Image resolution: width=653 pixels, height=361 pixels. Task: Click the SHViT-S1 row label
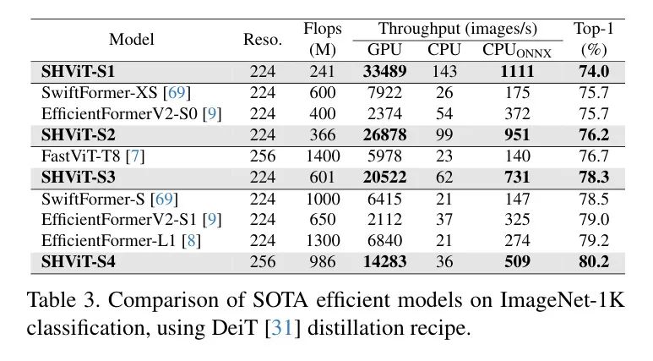[x=78, y=71]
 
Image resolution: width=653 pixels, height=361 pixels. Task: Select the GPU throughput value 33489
[x=384, y=71]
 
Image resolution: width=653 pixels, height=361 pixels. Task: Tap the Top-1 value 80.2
[x=594, y=261]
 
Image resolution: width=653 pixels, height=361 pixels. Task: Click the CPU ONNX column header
[x=516, y=51]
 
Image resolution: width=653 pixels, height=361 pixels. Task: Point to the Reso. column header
[x=263, y=40]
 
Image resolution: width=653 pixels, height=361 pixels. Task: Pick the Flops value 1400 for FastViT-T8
[x=323, y=156]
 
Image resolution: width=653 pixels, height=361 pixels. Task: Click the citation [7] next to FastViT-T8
[x=135, y=156]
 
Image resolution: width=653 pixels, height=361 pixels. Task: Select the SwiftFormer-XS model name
[x=99, y=92]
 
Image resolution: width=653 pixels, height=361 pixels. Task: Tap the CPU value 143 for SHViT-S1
[x=444, y=71]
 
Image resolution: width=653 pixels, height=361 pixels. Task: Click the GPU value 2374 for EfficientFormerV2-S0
[x=384, y=114]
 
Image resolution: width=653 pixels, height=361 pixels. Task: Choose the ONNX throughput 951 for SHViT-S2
[x=517, y=134]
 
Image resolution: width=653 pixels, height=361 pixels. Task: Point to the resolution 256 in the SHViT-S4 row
[x=263, y=261]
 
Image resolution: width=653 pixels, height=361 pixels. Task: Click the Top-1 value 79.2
[x=594, y=241]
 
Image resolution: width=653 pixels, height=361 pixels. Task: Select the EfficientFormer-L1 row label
[x=108, y=241]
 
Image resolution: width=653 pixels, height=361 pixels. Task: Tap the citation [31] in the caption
[x=283, y=328]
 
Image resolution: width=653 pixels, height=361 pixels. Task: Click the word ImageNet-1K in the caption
[x=563, y=300]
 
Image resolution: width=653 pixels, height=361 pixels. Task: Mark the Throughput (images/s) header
[x=457, y=29]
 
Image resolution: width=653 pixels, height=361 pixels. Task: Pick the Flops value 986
[x=323, y=261]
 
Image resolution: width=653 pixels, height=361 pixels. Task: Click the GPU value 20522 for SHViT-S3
[x=384, y=178]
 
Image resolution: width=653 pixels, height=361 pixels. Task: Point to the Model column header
[x=132, y=40]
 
